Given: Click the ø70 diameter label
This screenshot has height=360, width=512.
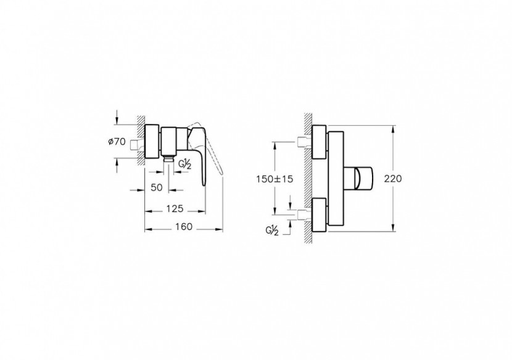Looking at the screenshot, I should click(x=117, y=142).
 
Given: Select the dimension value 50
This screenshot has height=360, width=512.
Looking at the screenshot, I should click(x=157, y=186).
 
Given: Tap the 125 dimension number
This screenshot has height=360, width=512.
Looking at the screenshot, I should click(x=174, y=210).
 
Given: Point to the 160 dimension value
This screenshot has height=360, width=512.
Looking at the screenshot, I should click(x=183, y=227).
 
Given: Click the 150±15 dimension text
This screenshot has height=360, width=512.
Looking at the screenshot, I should click(x=274, y=179).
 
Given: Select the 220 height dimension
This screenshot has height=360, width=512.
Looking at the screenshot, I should click(x=393, y=179).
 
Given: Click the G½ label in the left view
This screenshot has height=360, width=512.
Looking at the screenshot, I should click(x=186, y=163).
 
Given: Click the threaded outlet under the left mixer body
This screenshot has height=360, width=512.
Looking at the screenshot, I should click(x=168, y=158).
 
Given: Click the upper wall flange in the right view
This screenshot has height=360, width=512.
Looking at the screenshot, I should click(x=320, y=142).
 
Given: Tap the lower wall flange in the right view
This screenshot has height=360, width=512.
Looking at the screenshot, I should click(x=320, y=215).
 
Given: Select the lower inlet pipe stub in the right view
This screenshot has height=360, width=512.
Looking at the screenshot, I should click(x=302, y=215).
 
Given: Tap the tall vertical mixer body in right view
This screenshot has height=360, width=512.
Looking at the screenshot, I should click(x=336, y=179).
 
